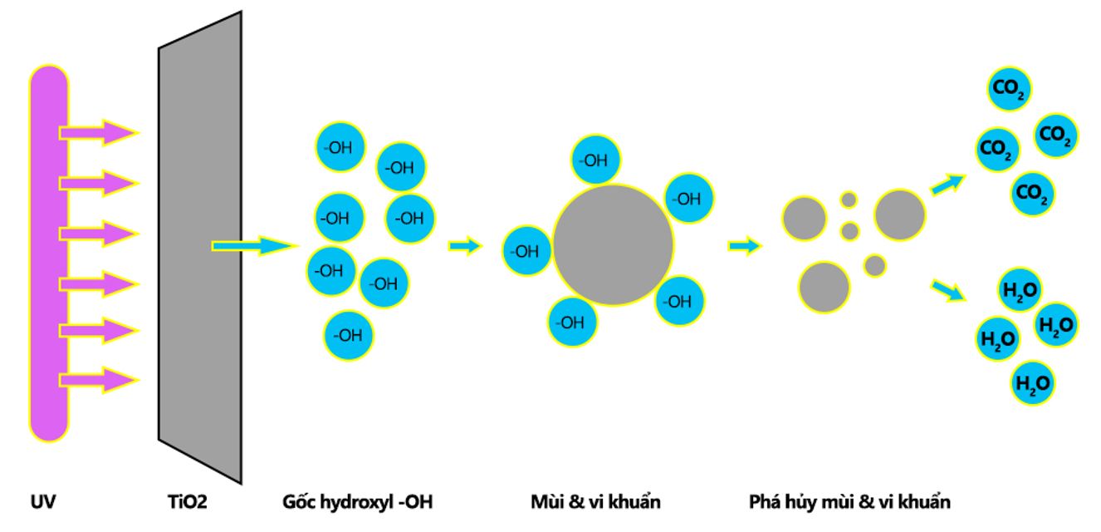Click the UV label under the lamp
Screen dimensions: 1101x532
[43, 501]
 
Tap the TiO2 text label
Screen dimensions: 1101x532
[188, 501]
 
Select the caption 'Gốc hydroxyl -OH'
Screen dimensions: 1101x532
[357, 501]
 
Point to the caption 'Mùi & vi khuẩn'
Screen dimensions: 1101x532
[595, 501]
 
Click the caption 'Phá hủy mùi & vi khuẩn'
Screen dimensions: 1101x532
[849, 501]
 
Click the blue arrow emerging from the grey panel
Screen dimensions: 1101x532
[255, 245]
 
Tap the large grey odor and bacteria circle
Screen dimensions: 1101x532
[613, 244]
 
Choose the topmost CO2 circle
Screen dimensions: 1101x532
[1009, 89]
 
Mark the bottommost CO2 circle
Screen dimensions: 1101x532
[1032, 194]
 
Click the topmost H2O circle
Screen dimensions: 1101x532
[1020, 290]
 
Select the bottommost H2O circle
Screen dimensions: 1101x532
[1032, 383]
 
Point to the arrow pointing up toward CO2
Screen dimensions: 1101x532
[948, 184]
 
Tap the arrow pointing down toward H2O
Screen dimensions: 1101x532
[948, 290]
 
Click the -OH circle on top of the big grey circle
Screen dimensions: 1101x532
[595, 160]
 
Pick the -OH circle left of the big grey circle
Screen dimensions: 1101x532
[526, 251]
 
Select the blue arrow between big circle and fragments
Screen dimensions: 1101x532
[745, 245]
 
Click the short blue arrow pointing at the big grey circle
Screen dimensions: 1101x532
[466, 245]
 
